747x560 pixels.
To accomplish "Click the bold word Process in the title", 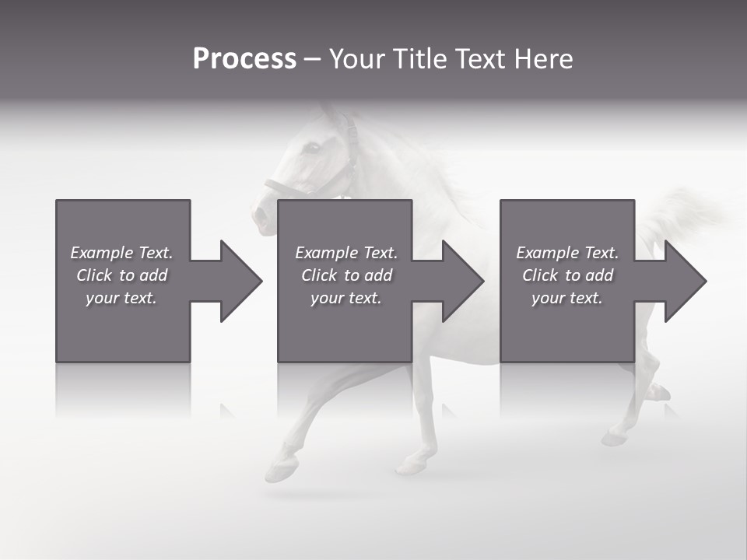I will coord(244,59).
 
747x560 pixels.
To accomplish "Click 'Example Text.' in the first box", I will coord(121,253).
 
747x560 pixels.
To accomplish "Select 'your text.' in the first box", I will coord(121,298).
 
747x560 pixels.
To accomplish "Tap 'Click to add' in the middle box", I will coord(346,275).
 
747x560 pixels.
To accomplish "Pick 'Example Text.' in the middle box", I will coord(346,253).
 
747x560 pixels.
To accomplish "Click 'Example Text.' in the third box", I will coord(567,253).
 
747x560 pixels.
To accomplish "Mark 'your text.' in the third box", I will coord(567,298).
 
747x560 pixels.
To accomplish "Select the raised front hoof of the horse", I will coord(281,468).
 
